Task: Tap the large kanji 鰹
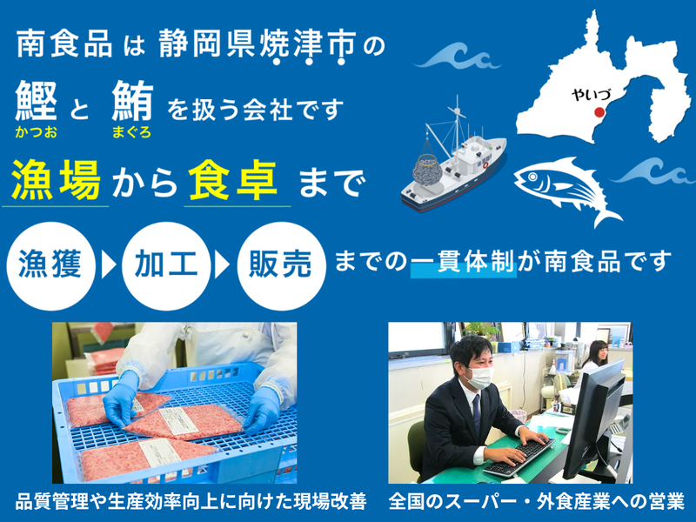click(37, 103)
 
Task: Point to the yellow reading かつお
click(36, 133)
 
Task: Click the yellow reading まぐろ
click(131, 133)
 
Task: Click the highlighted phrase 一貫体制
click(463, 261)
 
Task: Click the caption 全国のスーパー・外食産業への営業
click(537, 502)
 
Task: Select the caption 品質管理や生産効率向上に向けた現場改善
click(190, 502)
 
